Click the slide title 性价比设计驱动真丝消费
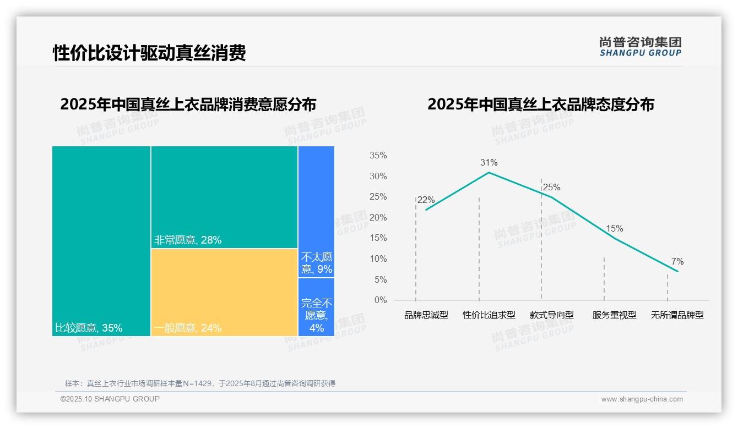(x=149, y=53)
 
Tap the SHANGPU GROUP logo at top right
(x=640, y=47)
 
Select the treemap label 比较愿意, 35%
(x=89, y=328)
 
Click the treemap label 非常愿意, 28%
(x=188, y=240)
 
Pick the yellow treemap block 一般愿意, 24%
(x=224, y=291)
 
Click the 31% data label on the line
(x=489, y=162)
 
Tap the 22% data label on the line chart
(x=426, y=200)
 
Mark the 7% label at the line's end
(x=677, y=261)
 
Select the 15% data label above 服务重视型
(x=614, y=228)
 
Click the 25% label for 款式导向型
(x=551, y=188)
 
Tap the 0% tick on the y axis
(x=381, y=300)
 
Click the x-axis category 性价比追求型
(x=489, y=315)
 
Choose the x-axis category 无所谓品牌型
(x=677, y=315)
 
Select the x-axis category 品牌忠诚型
(x=426, y=315)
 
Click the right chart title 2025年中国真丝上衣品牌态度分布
(x=540, y=105)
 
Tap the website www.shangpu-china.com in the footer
(x=642, y=399)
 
